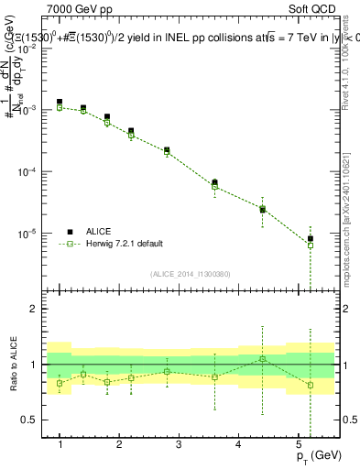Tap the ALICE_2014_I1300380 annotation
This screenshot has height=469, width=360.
tap(190, 274)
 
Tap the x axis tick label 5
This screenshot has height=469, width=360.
tap(299, 445)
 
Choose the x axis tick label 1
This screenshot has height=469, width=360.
tap(60, 445)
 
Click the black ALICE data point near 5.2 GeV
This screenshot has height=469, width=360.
tap(311, 239)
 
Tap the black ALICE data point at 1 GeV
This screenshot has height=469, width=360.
tap(60, 103)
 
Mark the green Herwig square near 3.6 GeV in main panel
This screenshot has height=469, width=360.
tap(214, 187)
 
